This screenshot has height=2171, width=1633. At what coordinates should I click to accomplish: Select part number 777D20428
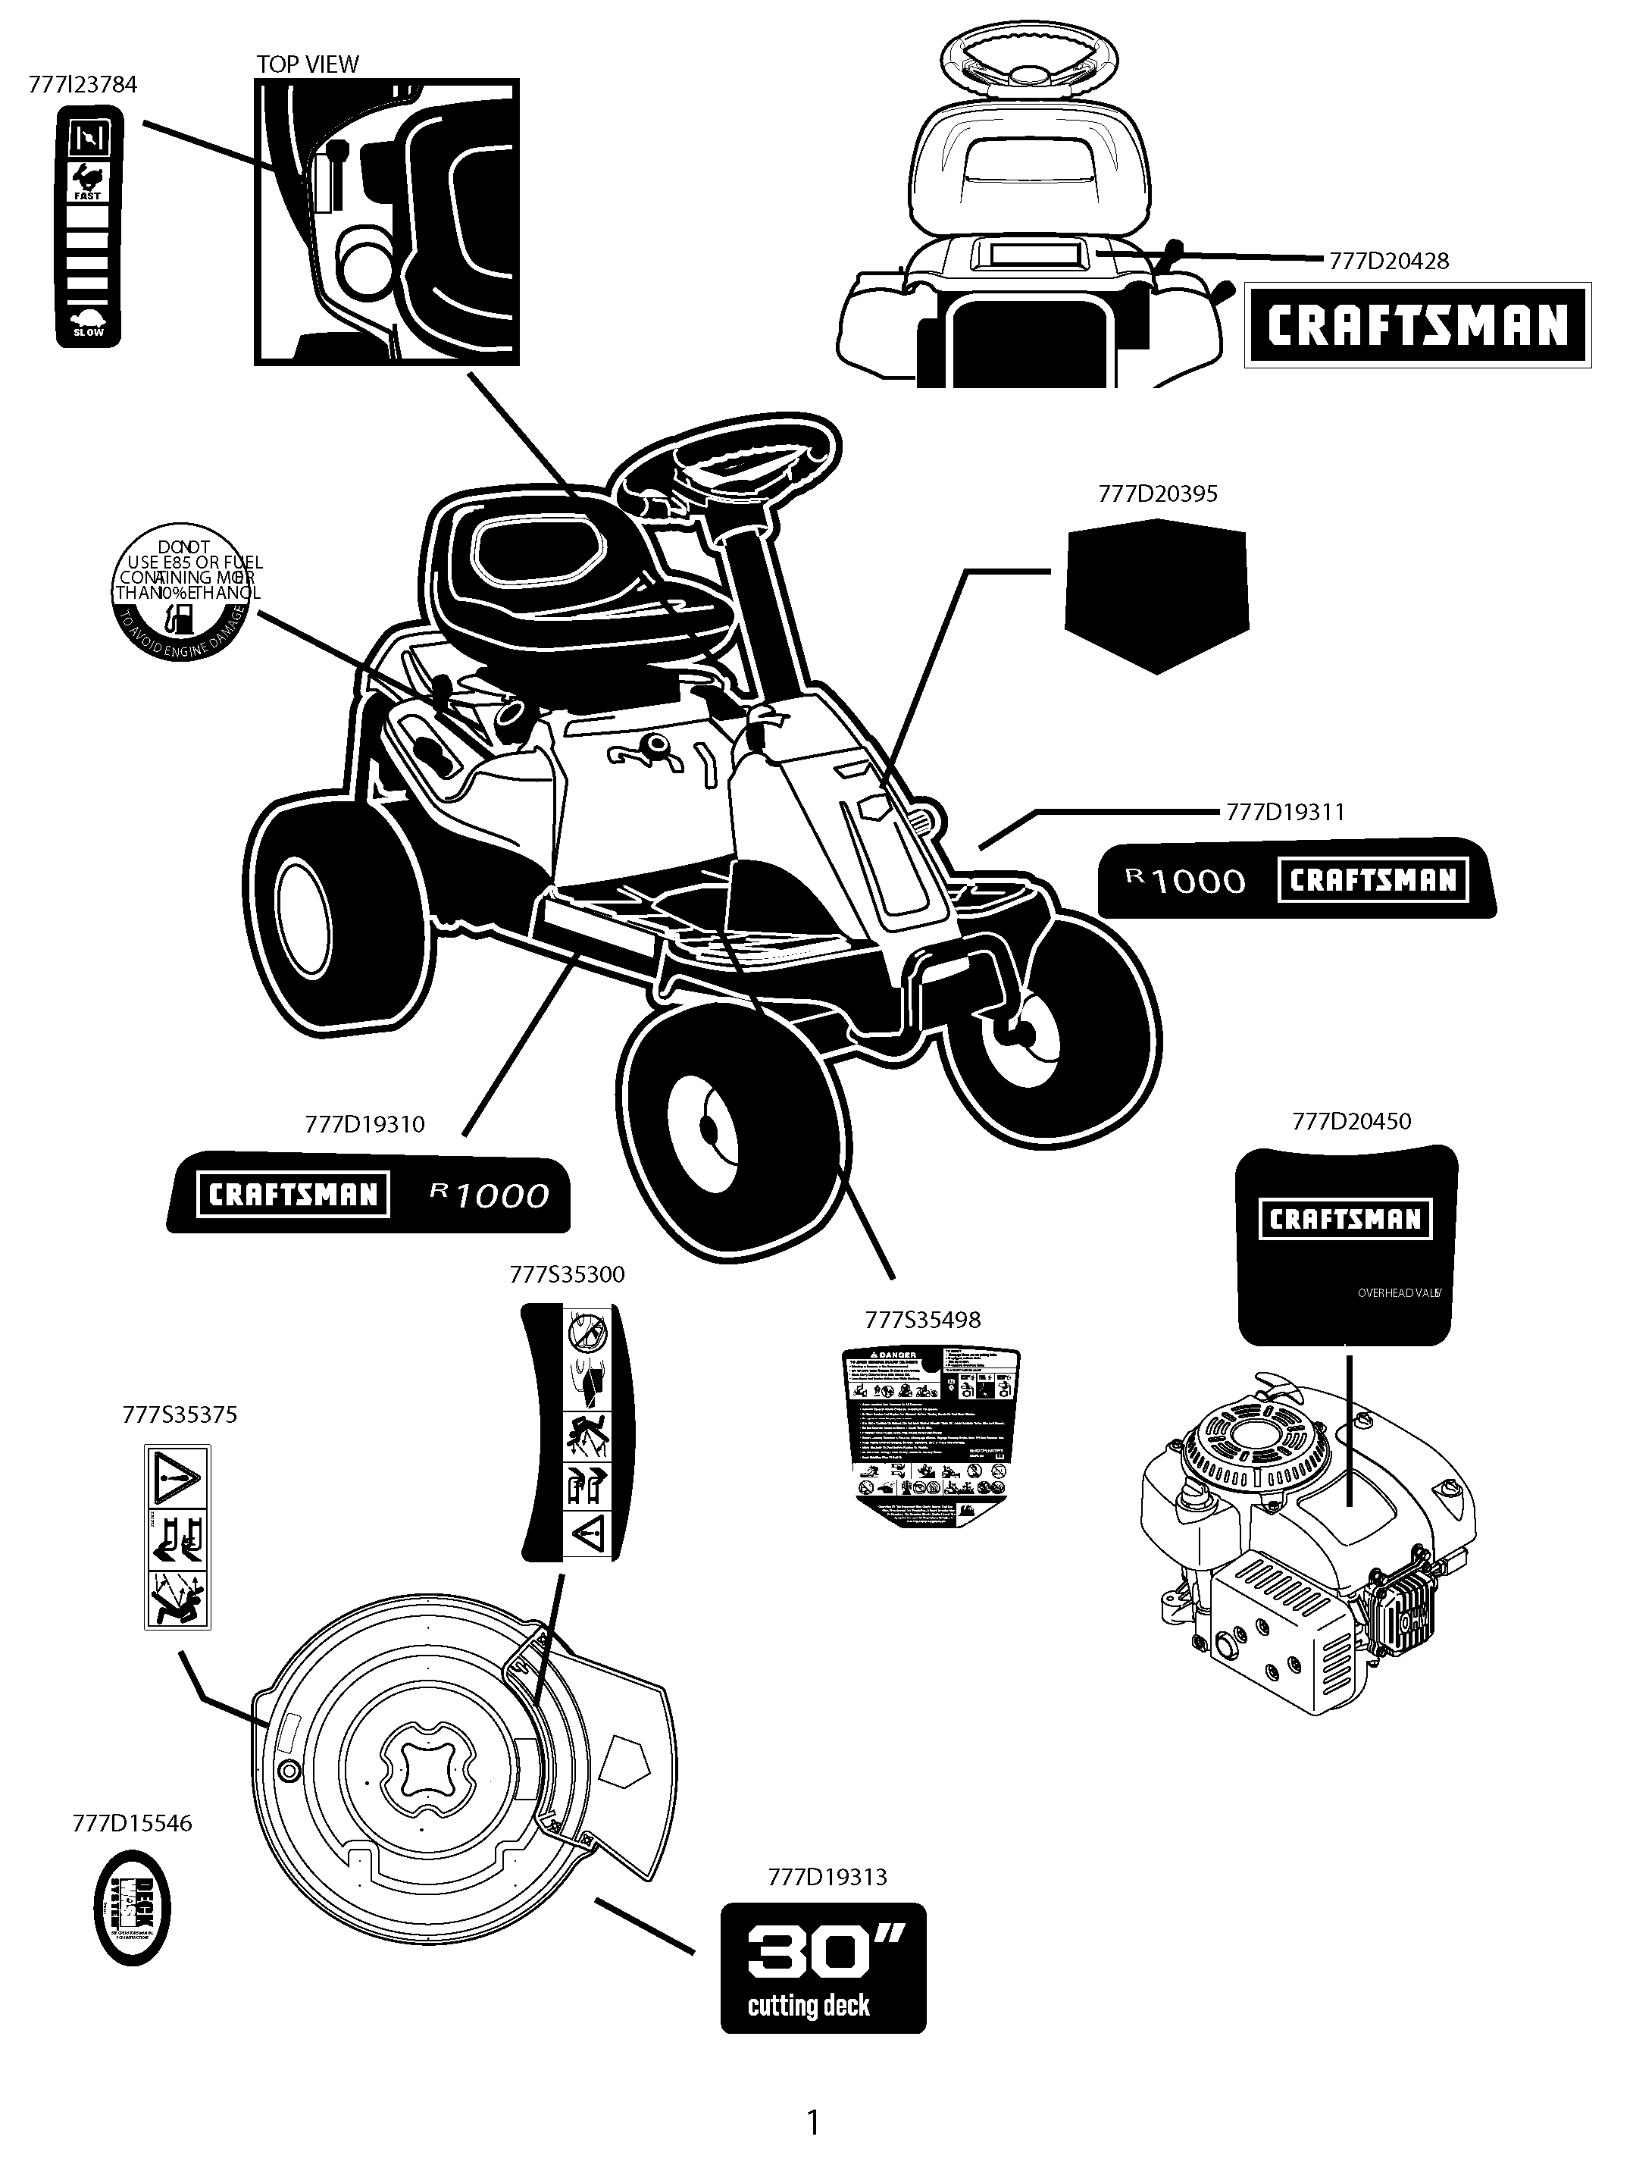pyautogui.click(x=1389, y=261)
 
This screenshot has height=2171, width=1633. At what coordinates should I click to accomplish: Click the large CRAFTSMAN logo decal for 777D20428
pyautogui.click(x=1417, y=326)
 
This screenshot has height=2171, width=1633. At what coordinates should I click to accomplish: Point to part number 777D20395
pyautogui.click(x=1157, y=493)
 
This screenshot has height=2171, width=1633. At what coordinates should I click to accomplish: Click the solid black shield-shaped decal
pyautogui.click(x=1156, y=593)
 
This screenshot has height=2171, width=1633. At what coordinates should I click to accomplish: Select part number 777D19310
pyautogui.click(x=365, y=1125)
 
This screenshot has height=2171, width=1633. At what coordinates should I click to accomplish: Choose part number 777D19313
pyautogui.click(x=827, y=1878)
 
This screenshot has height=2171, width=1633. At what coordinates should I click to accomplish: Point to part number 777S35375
pyautogui.click(x=180, y=1415)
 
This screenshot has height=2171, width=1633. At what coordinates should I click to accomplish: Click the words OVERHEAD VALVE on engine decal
pyautogui.click(x=1398, y=1293)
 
